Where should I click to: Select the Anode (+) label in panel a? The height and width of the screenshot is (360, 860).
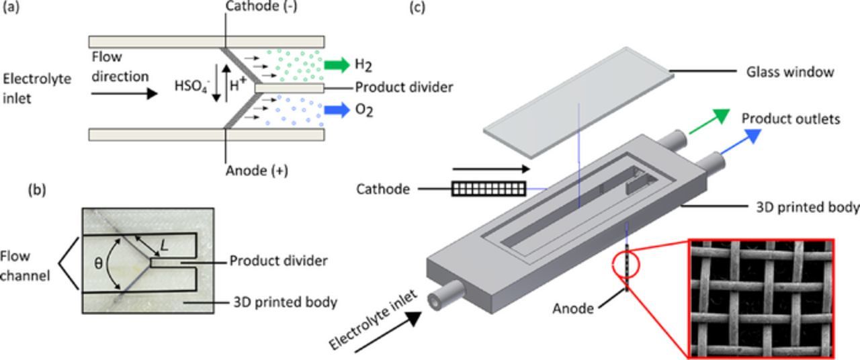click(x=256, y=171)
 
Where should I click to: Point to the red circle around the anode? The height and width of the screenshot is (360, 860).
click(x=628, y=265)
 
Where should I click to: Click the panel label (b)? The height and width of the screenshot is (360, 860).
click(x=37, y=190)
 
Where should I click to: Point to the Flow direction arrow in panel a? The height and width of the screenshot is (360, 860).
click(x=124, y=93)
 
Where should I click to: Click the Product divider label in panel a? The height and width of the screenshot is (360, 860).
click(x=404, y=87)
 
